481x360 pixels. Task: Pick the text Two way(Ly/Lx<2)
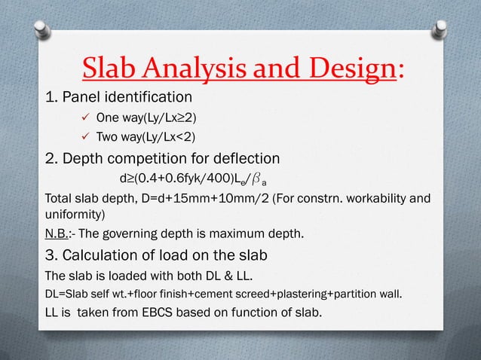point(143,137)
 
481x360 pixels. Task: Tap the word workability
point(372,199)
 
